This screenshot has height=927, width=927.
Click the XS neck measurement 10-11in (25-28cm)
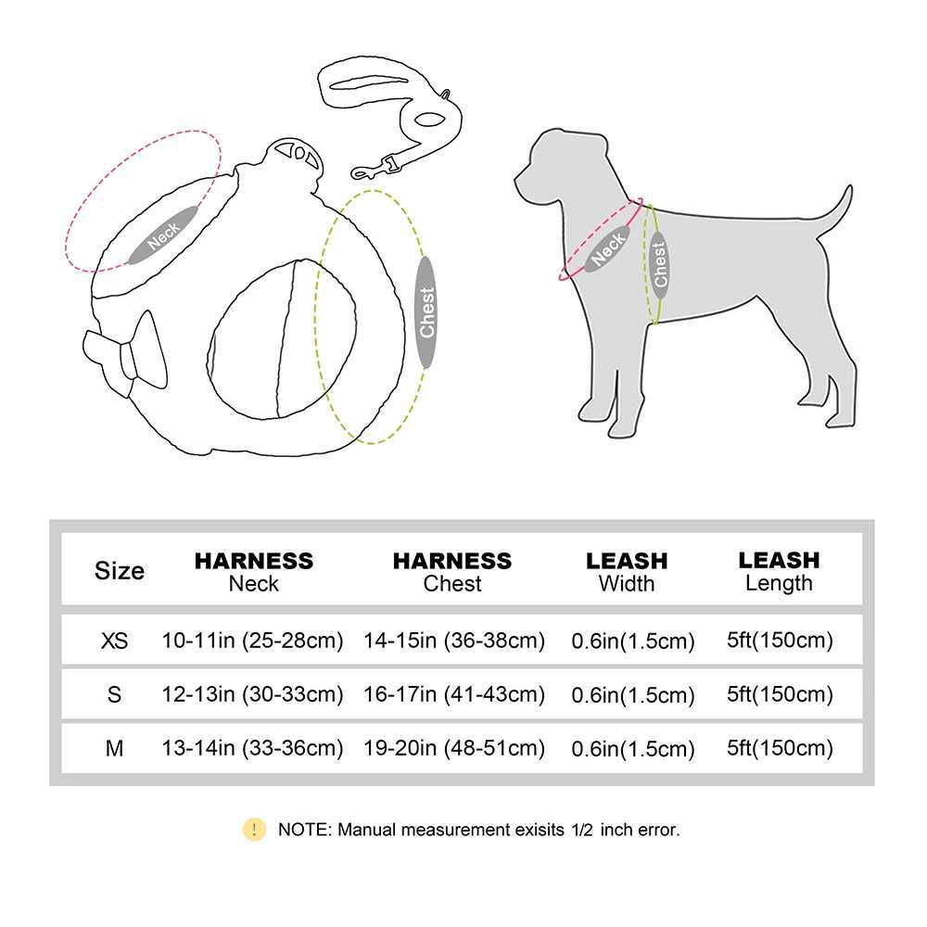tap(252, 640)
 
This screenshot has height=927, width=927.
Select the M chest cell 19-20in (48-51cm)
tap(454, 748)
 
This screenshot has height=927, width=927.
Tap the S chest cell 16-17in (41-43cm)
tap(454, 694)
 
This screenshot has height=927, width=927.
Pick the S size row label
tap(114, 694)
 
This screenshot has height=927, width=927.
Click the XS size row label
tap(114, 640)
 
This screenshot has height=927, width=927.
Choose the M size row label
tap(114, 748)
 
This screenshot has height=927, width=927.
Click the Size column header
tap(120, 570)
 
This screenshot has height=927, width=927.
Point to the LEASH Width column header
tap(627, 571)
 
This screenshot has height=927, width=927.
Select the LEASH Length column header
tap(779, 571)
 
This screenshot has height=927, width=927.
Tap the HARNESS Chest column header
tap(452, 571)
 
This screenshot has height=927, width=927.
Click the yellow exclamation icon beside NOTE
tap(253, 830)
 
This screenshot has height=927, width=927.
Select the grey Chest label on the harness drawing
tap(426, 312)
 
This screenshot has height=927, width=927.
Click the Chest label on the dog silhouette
tap(659, 264)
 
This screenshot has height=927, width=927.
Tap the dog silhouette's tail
tap(836, 208)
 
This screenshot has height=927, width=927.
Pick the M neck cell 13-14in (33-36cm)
tap(252, 748)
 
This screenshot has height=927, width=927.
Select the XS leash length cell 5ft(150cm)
tap(780, 640)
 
